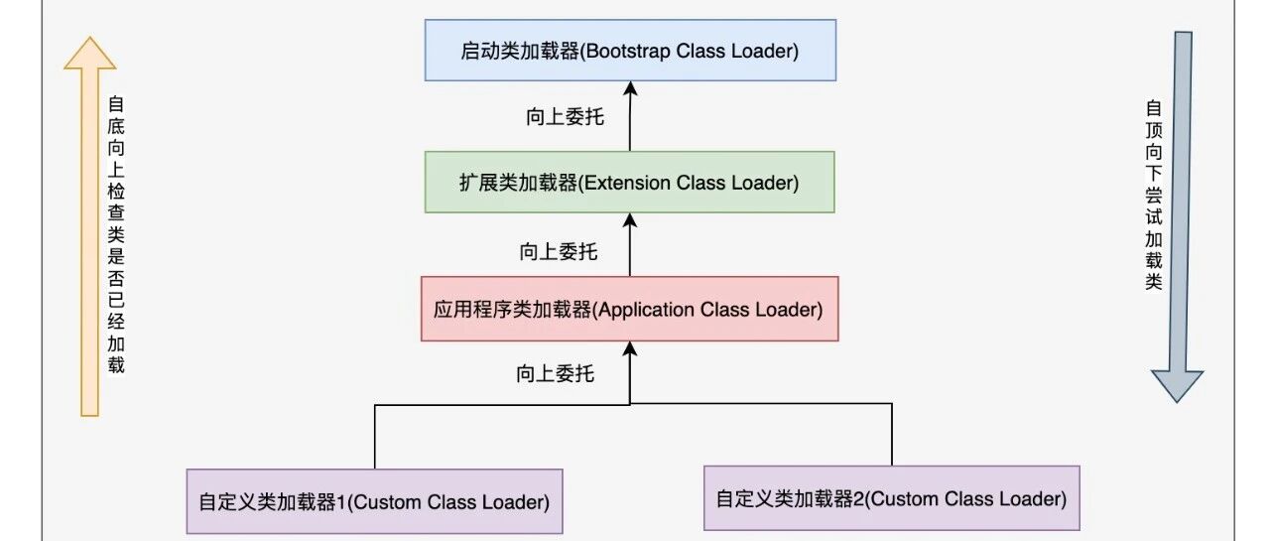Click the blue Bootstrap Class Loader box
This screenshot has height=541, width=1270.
click(630, 51)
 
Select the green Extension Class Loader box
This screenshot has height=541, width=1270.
click(630, 182)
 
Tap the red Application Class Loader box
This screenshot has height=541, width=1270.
click(630, 309)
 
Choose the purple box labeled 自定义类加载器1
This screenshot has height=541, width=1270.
click(375, 501)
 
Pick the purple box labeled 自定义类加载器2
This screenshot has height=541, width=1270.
click(892, 498)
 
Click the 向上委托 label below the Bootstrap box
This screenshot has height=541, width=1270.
click(565, 117)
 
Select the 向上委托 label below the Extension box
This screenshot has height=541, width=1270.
click(559, 251)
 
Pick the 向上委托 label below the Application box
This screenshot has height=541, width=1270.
click(555, 373)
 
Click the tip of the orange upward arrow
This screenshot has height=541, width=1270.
click(89, 38)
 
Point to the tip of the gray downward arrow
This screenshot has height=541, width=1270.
click(1178, 402)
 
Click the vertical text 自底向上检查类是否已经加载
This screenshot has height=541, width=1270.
click(116, 235)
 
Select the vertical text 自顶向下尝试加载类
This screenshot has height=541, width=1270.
click(1154, 195)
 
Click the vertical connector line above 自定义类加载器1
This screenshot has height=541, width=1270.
click(375, 437)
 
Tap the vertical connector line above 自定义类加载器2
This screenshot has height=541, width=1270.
click(892, 435)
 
